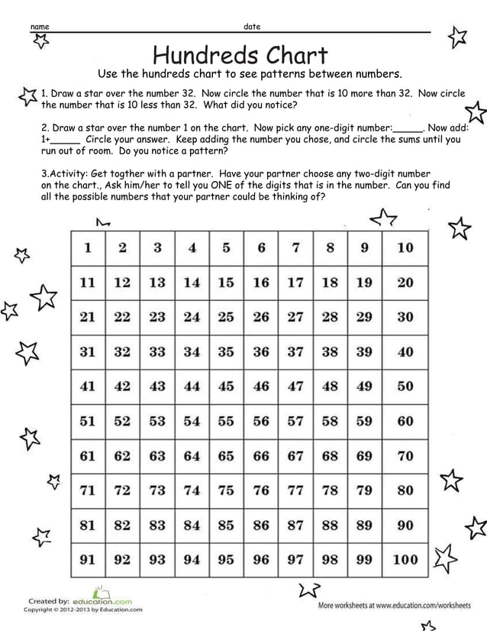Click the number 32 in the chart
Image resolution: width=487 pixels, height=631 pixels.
click(122, 352)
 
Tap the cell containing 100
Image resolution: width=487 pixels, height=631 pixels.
click(405, 559)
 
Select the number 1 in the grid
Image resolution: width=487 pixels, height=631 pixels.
click(88, 248)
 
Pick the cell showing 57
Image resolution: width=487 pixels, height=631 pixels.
click(295, 421)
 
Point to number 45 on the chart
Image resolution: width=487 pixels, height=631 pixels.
click(226, 387)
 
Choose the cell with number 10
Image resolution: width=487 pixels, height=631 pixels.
click(405, 248)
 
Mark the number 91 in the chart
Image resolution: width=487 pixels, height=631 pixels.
click(88, 559)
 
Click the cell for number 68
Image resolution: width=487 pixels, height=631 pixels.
click(330, 456)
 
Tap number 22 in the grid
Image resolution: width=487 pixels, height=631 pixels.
click(122, 317)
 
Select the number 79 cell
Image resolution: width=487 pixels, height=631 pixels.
click(364, 490)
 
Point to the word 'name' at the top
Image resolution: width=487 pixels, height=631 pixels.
click(39, 28)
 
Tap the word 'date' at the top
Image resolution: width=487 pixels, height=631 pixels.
click(252, 27)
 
